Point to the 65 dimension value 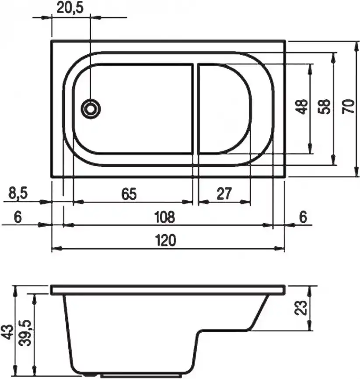(129, 193)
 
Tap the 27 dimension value (224, 193)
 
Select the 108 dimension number (164, 216)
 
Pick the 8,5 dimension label (18, 193)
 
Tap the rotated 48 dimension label (301, 106)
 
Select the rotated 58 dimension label (325, 106)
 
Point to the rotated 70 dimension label (349, 106)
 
